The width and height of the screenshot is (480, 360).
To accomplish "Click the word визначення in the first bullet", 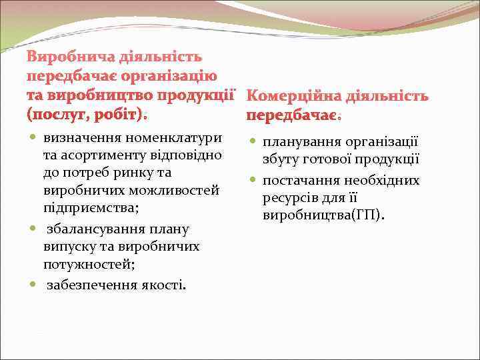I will [78, 138].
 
